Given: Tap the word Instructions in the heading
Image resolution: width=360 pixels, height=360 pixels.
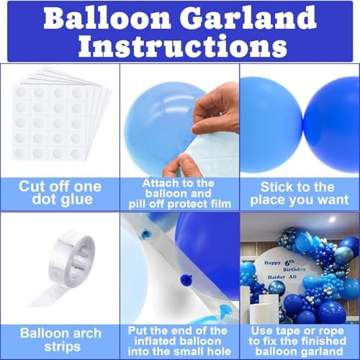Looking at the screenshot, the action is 183,45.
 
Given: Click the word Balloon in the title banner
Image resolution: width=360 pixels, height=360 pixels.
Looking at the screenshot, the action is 107,17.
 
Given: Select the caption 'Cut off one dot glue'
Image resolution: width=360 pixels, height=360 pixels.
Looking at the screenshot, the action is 60,193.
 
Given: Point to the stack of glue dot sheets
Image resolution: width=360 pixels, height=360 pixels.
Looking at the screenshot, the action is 61,115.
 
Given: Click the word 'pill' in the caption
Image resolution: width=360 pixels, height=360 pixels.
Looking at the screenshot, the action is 137,204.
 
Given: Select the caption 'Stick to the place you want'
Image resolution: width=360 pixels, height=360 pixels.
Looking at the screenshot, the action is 299,194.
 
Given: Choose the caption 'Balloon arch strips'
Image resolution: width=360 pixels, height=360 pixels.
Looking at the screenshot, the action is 61,340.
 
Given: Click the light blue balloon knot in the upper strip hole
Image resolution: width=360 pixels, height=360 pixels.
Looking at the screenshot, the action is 146,233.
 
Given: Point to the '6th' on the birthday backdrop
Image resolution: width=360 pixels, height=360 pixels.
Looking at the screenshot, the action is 289,262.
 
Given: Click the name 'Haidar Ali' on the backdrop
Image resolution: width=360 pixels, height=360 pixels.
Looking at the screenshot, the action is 282,277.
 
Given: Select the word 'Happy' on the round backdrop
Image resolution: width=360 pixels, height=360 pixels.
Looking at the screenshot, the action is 272,263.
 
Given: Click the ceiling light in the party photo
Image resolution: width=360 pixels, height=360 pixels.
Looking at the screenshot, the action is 332,220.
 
